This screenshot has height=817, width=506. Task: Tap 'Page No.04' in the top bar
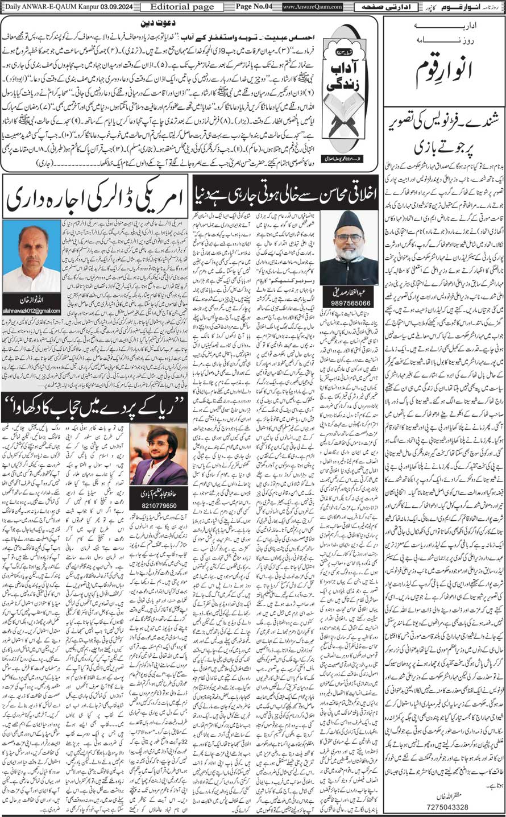[x=254, y=6]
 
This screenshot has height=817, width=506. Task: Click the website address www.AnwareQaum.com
[x=312, y=7]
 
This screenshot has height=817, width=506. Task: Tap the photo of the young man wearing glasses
[x=158, y=453]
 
